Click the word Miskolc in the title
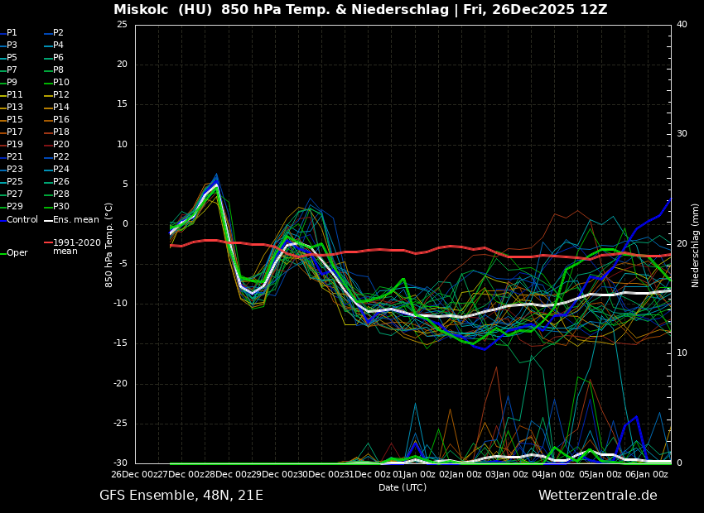pos(140,10)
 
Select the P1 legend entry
pos(12,33)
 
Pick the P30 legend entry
pos(61,207)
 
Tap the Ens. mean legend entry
pos(75,220)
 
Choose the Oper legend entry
pos(17,253)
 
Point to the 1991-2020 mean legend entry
pos(76,247)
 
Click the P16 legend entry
pos(61,120)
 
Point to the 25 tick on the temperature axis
pos(122,25)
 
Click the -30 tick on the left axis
pos(119,463)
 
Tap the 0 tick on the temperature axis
pos(124,224)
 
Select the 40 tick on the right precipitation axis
pos(682,25)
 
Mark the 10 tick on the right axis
pos(682,353)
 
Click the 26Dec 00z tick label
pos(135,474)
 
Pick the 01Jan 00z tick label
pos(414,474)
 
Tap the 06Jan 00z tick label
pos(647,474)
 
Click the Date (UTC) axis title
pos(403,487)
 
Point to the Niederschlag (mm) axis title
pos(696,245)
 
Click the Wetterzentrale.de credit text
pos(597,496)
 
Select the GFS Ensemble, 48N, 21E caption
pos(181,496)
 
